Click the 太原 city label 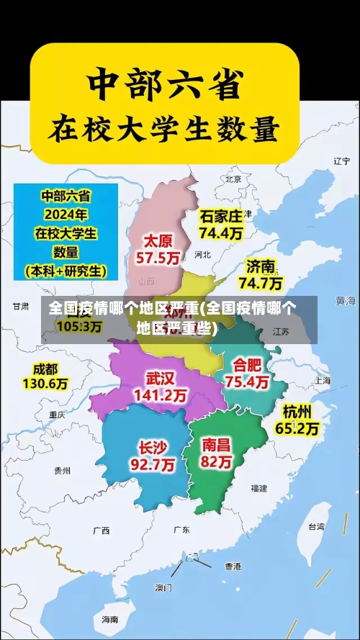coord(158,240)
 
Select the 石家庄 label coord(221,216)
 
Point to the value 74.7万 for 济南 coord(261,282)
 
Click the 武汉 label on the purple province coord(160,378)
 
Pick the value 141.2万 coord(160,395)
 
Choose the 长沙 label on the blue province coord(153,447)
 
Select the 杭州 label coord(297,411)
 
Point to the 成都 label coord(45,369)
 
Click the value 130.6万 coord(45,384)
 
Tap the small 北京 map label coord(233,179)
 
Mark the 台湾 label coord(316,526)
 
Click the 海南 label coord(109,618)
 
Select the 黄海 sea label coord(346,299)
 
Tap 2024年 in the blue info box coord(65,215)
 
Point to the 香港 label coord(233,566)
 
